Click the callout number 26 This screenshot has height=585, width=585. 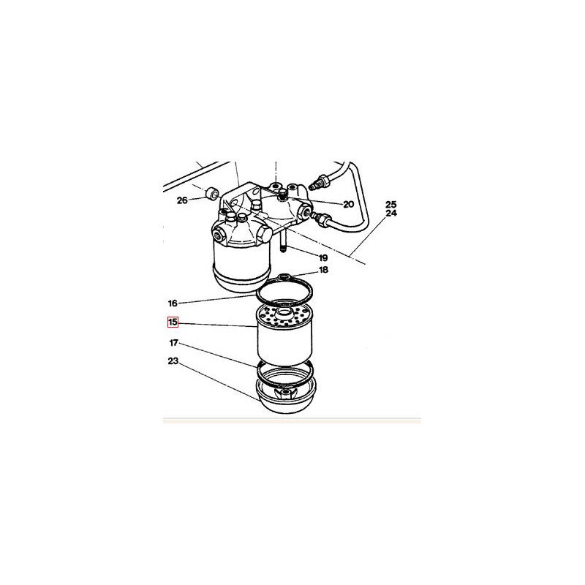tap(182, 200)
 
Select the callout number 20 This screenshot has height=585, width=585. tap(348, 205)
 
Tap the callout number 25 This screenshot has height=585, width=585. tap(391, 205)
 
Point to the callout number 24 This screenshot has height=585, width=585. tap(391, 214)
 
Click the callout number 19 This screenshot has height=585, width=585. tap(323, 258)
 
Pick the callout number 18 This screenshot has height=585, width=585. tap(323, 270)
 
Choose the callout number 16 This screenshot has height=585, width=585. tap(173, 303)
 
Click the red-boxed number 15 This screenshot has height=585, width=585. tap(173, 322)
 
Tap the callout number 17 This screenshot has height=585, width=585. tap(174, 342)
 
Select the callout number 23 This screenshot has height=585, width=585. tap(173, 361)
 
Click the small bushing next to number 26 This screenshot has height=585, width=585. tap(213, 194)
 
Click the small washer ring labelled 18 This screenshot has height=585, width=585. tap(284, 277)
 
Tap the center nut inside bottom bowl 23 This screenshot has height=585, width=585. tap(285, 393)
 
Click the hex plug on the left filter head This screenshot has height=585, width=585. tap(265, 234)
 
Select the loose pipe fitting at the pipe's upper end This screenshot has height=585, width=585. tap(319, 181)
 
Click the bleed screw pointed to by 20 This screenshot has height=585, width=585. tap(282, 194)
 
